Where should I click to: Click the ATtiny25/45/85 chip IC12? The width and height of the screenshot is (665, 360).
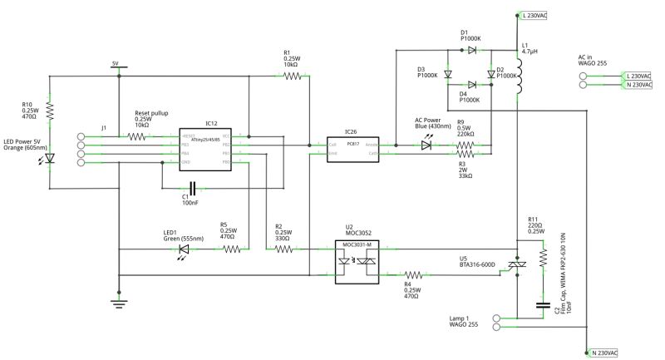(204, 150)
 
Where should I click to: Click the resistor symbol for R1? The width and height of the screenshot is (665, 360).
(292, 76)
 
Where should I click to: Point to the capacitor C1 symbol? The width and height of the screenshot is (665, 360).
(193, 188)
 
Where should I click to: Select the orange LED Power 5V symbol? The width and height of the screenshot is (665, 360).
(50, 157)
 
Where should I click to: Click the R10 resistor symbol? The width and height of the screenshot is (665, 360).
(50, 110)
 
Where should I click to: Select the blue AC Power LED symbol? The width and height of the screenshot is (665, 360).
(426, 145)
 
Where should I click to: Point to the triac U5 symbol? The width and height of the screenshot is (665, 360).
(517, 264)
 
